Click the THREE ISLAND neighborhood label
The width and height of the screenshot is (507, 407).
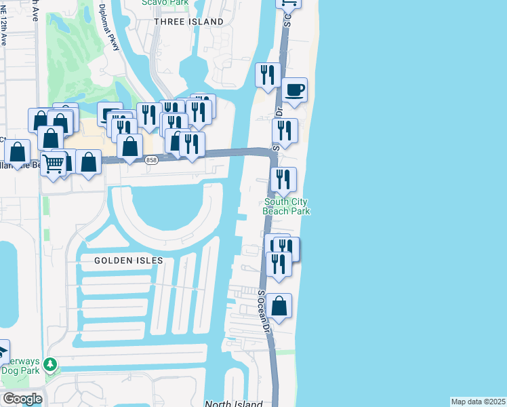[188, 22]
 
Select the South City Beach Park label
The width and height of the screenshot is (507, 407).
[287, 206]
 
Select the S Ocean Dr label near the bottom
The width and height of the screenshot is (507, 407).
[264, 311]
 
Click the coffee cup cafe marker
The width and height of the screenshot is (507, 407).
[294, 90]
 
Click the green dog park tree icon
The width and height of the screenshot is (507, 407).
[49, 366]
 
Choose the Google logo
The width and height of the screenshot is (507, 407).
[22, 399]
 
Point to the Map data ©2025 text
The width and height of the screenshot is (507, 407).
[479, 402]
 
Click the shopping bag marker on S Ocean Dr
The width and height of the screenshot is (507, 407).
[279, 306]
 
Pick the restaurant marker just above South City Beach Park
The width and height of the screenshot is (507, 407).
[283, 179]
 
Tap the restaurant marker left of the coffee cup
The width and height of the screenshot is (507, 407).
[268, 74]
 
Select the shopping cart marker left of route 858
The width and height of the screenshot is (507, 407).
[53, 161]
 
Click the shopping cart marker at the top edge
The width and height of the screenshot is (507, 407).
[288, 2]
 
